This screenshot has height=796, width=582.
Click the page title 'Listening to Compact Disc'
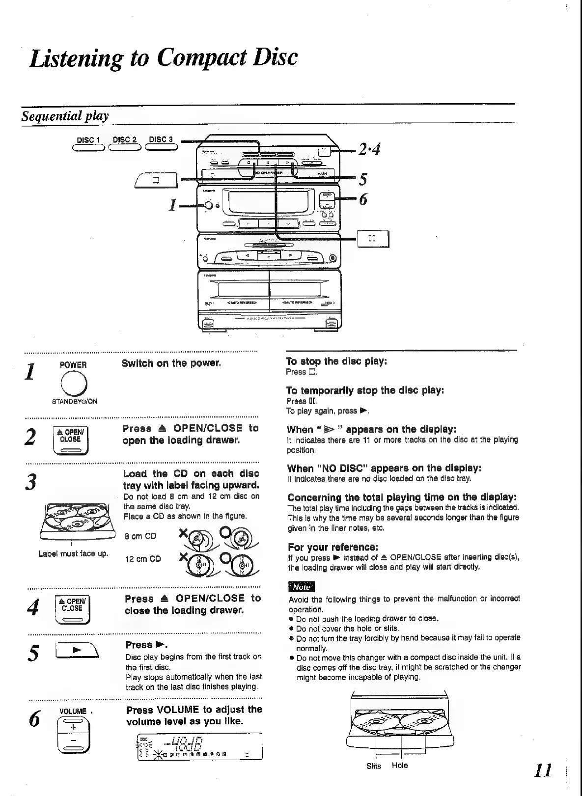(x=163, y=57)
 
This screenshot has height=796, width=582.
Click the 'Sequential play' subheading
(x=65, y=116)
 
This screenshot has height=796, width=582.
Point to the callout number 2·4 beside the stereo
(x=369, y=148)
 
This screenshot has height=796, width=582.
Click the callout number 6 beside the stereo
(x=363, y=199)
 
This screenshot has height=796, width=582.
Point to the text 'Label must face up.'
(x=73, y=554)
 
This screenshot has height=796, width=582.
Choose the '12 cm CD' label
(x=142, y=559)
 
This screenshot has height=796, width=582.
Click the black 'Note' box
(x=301, y=587)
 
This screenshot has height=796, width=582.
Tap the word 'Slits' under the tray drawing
(x=374, y=766)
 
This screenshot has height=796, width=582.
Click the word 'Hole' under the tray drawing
(x=400, y=766)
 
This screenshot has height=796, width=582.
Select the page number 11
(x=543, y=770)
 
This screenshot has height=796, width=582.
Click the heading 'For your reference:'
(x=333, y=547)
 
